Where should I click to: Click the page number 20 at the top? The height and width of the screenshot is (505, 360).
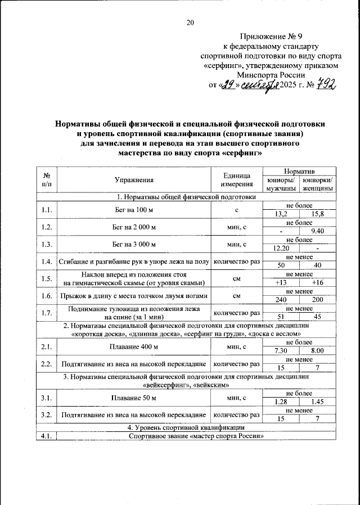tap(190, 23)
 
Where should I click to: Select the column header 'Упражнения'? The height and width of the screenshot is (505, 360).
tap(133, 181)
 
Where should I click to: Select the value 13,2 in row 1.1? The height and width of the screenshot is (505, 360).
tap(281, 214)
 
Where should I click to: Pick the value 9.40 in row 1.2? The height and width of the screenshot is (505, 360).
tap(318, 231)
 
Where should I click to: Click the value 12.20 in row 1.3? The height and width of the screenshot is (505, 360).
tap(281, 248)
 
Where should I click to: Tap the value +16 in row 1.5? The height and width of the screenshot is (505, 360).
tap(318, 282)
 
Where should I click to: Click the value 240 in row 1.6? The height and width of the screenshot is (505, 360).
tap(281, 300)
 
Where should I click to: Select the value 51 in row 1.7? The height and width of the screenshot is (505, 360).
tap(281, 317)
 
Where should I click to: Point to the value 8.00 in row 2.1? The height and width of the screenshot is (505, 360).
tap(318, 350)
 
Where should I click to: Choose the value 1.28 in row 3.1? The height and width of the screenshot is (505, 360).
tap(281, 402)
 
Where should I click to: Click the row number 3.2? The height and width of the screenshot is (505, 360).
tap(47, 415)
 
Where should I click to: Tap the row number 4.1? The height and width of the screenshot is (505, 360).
tap(47, 437)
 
